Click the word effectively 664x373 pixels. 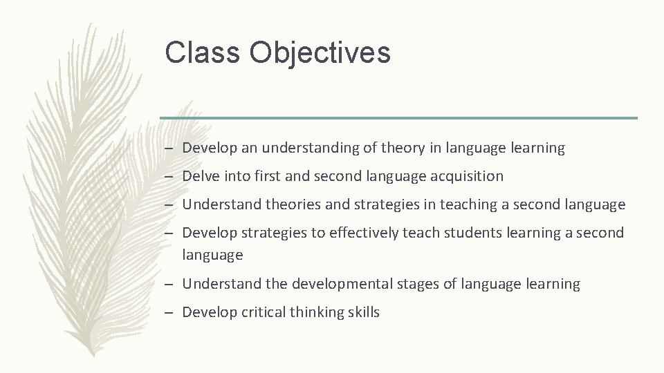coord(364,233)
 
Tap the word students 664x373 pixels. coord(474,233)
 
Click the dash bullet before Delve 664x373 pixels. coord(169,177)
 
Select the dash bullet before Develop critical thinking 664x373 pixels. coord(169,313)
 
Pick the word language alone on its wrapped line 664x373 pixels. coord(212,256)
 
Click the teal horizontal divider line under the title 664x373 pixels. coord(398,117)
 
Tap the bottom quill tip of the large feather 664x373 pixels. coord(94,354)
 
